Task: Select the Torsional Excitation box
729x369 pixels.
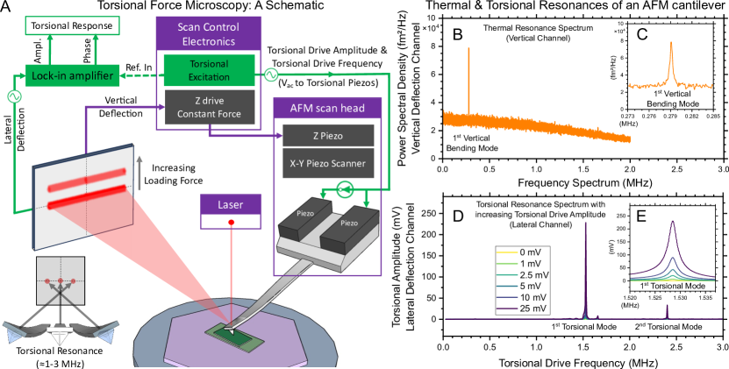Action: pos(209,70)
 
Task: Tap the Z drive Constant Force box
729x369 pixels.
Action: pos(209,106)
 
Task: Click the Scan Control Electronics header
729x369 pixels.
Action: pos(209,33)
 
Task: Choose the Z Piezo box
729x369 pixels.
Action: pos(327,136)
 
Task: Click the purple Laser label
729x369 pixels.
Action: pos(231,204)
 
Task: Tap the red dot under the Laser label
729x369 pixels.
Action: pos(232,222)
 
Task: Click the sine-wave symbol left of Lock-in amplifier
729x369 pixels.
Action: pos(14,96)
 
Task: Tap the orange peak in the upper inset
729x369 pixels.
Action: pos(671,61)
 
